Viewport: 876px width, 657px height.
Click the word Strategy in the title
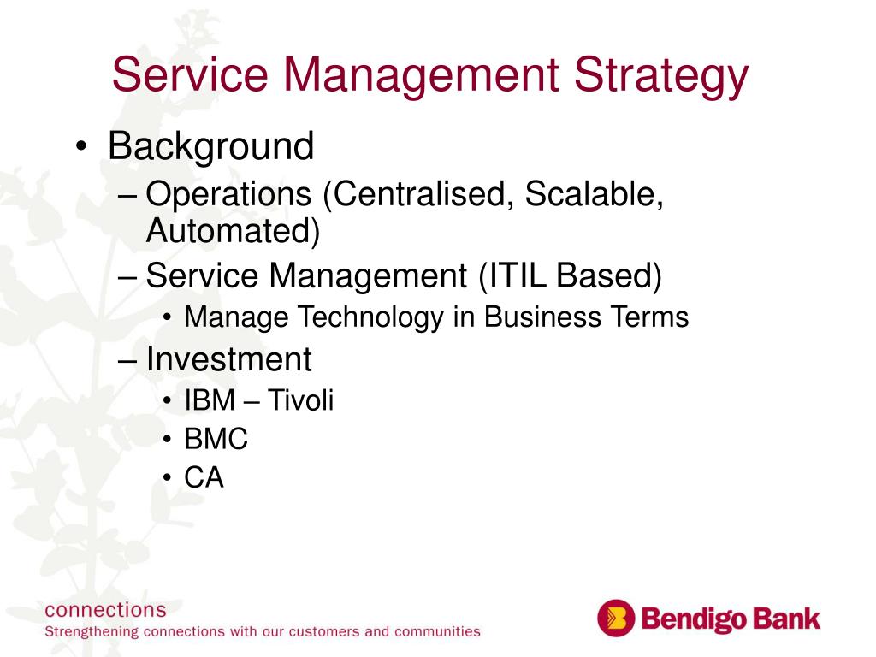tap(661, 77)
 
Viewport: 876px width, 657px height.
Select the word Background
tap(210, 146)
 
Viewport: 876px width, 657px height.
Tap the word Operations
tap(228, 194)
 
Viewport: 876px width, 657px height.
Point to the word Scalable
tap(594, 194)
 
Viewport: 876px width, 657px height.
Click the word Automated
tap(233, 231)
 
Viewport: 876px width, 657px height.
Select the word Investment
tap(228, 359)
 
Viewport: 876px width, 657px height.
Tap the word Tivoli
tap(300, 400)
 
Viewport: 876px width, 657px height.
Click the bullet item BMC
tap(216, 439)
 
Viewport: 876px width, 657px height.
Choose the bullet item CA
tap(204, 477)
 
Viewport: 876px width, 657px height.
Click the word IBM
tap(210, 400)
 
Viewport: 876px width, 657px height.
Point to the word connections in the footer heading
tap(105, 610)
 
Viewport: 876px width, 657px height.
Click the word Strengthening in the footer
tap(92, 632)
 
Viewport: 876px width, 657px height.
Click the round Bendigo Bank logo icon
tap(616, 618)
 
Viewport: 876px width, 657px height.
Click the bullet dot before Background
tap(81, 147)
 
